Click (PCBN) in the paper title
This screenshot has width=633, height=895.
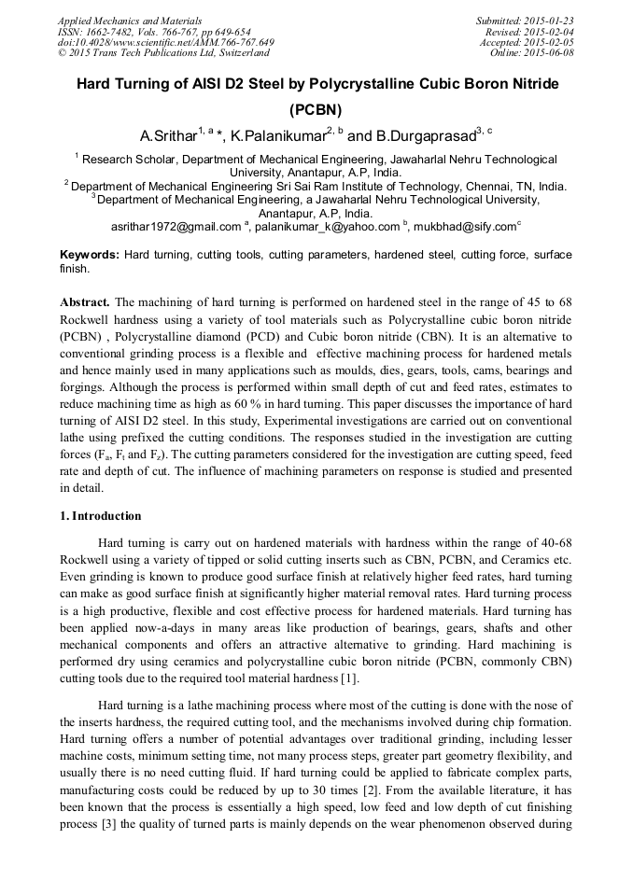316,108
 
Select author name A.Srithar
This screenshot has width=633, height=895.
165,136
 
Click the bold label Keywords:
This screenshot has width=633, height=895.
90,255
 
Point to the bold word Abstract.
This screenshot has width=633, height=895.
86,302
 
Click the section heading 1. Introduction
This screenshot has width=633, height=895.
101,516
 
